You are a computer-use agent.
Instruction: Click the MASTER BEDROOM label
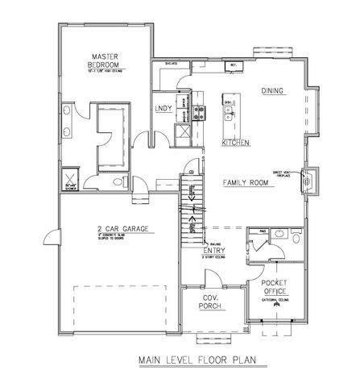click(x=105, y=60)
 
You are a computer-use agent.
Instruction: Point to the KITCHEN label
click(x=236, y=143)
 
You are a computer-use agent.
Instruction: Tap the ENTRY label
click(x=213, y=251)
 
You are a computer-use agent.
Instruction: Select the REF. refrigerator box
click(x=234, y=66)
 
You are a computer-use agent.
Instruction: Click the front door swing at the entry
click(x=211, y=277)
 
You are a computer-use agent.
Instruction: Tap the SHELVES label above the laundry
click(x=171, y=61)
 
